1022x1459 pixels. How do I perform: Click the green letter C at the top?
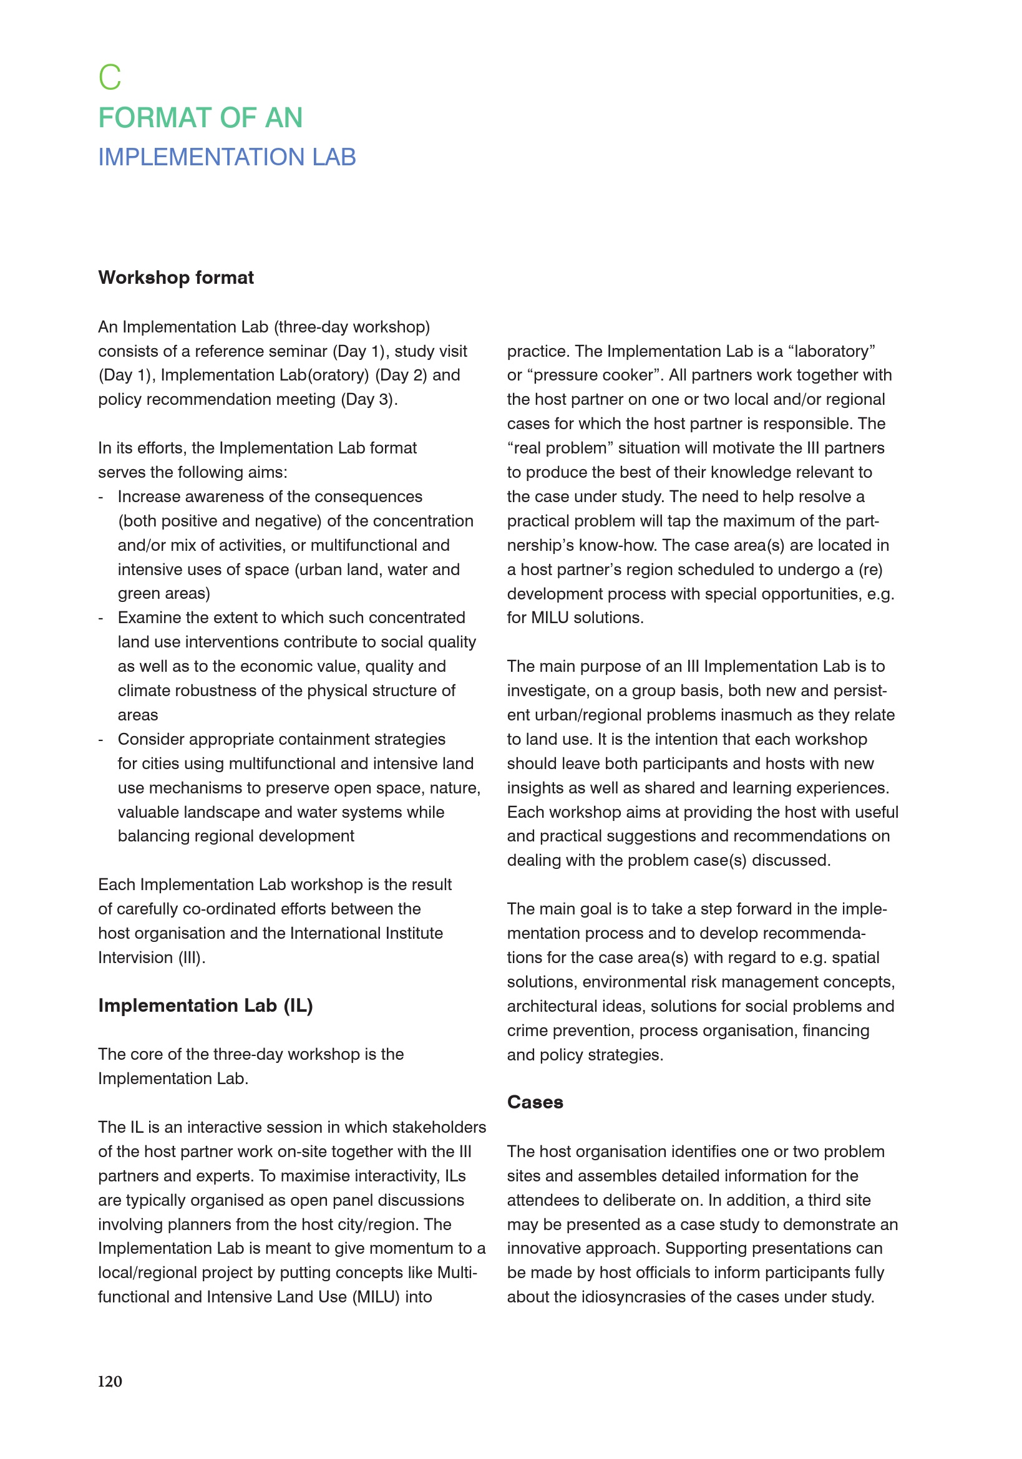pyautogui.click(x=110, y=77)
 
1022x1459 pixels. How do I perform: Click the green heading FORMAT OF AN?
pyautogui.click(x=200, y=118)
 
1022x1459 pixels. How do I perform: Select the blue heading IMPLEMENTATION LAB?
pyautogui.click(x=227, y=157)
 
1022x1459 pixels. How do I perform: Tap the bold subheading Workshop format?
pyautogui.click(x=176, y=278)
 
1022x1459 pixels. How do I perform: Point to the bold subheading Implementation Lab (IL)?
pyautogui.click(x=205, y=1006)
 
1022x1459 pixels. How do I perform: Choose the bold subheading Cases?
pyautogui.click(x=535, y=1102)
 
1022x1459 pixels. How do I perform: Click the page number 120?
pyautogui.click(x=110, y=1381)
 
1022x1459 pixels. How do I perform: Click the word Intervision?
pyautogui.click(x=135, y=957)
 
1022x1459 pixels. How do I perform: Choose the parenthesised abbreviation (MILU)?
pyautogui.click(x=376, y=1297)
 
